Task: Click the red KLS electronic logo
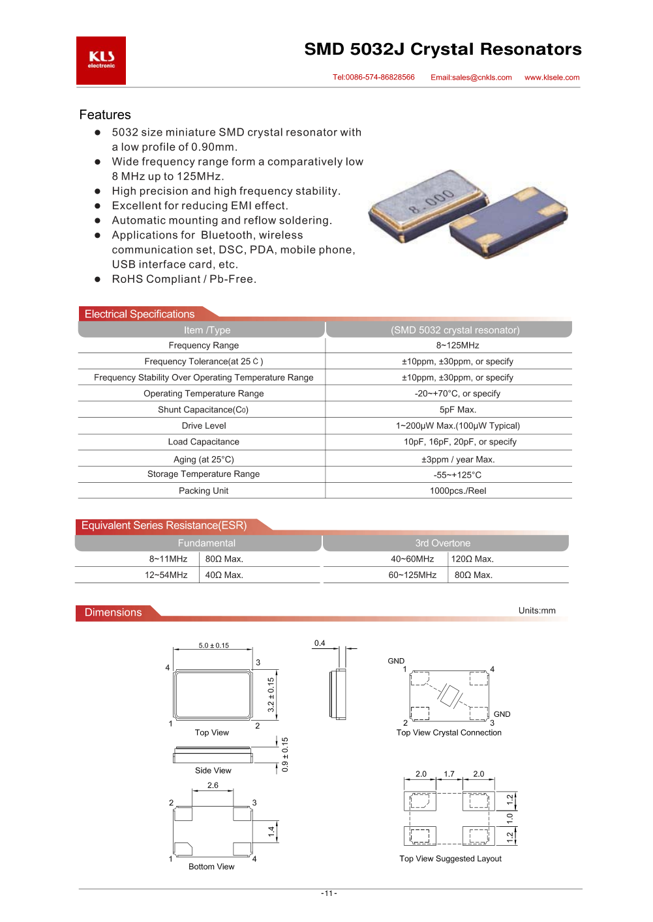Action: click(x=101, y=60)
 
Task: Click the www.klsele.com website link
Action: click(x=552, y=78)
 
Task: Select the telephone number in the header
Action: click(x=374, y=78)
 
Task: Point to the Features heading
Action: click(x=105, y=115)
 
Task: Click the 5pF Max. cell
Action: click(x=458, y=410)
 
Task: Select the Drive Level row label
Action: click(x=204, y=426)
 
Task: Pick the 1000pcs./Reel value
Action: click(x=458, y=491)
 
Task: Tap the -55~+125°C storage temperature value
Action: click(x=458, y=475)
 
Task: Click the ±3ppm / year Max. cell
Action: click(x=458, y=459)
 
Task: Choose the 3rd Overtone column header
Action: click(x=443, y=543)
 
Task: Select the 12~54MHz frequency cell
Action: click(x=166, y=575)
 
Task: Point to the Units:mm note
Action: click(x=537, y=611)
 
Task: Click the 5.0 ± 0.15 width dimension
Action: click(x=214, y=646)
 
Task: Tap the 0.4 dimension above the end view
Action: click(x=320, y=643)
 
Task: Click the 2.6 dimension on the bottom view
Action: click(x=213, y=786)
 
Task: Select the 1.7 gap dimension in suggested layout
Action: click(x=449, y=774)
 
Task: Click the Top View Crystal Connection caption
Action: click(x=449, y=733)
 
